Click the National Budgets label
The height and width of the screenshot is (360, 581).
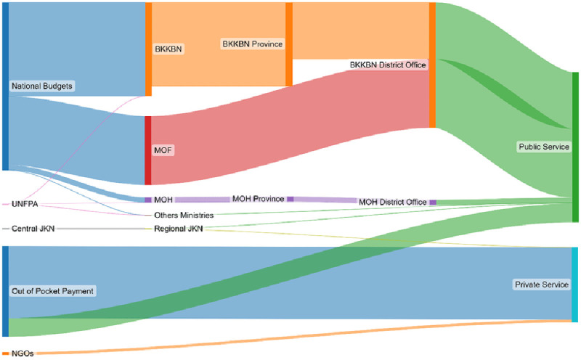pos(43,86)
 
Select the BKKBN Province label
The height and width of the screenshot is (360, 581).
pos(251,44)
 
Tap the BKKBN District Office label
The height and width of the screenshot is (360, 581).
pos(388,65)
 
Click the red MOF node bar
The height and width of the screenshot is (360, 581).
pos(148,150)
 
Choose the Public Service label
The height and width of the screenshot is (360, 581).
pos(543,147)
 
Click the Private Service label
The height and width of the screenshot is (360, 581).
pos(541,285)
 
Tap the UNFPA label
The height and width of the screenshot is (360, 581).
pos(25,205)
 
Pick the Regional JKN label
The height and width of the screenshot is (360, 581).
pos(178,229)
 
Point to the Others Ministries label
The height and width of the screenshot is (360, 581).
pos(184,215)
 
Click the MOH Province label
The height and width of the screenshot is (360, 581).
pos(258,199)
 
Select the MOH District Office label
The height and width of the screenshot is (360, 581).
pos(393,202)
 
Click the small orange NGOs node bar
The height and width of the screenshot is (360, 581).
pos(5,353)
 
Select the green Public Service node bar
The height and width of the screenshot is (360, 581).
pos(575,147)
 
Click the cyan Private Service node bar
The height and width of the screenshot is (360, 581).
pos(575,285)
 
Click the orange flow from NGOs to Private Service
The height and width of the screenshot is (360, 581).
pos(290,337)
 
